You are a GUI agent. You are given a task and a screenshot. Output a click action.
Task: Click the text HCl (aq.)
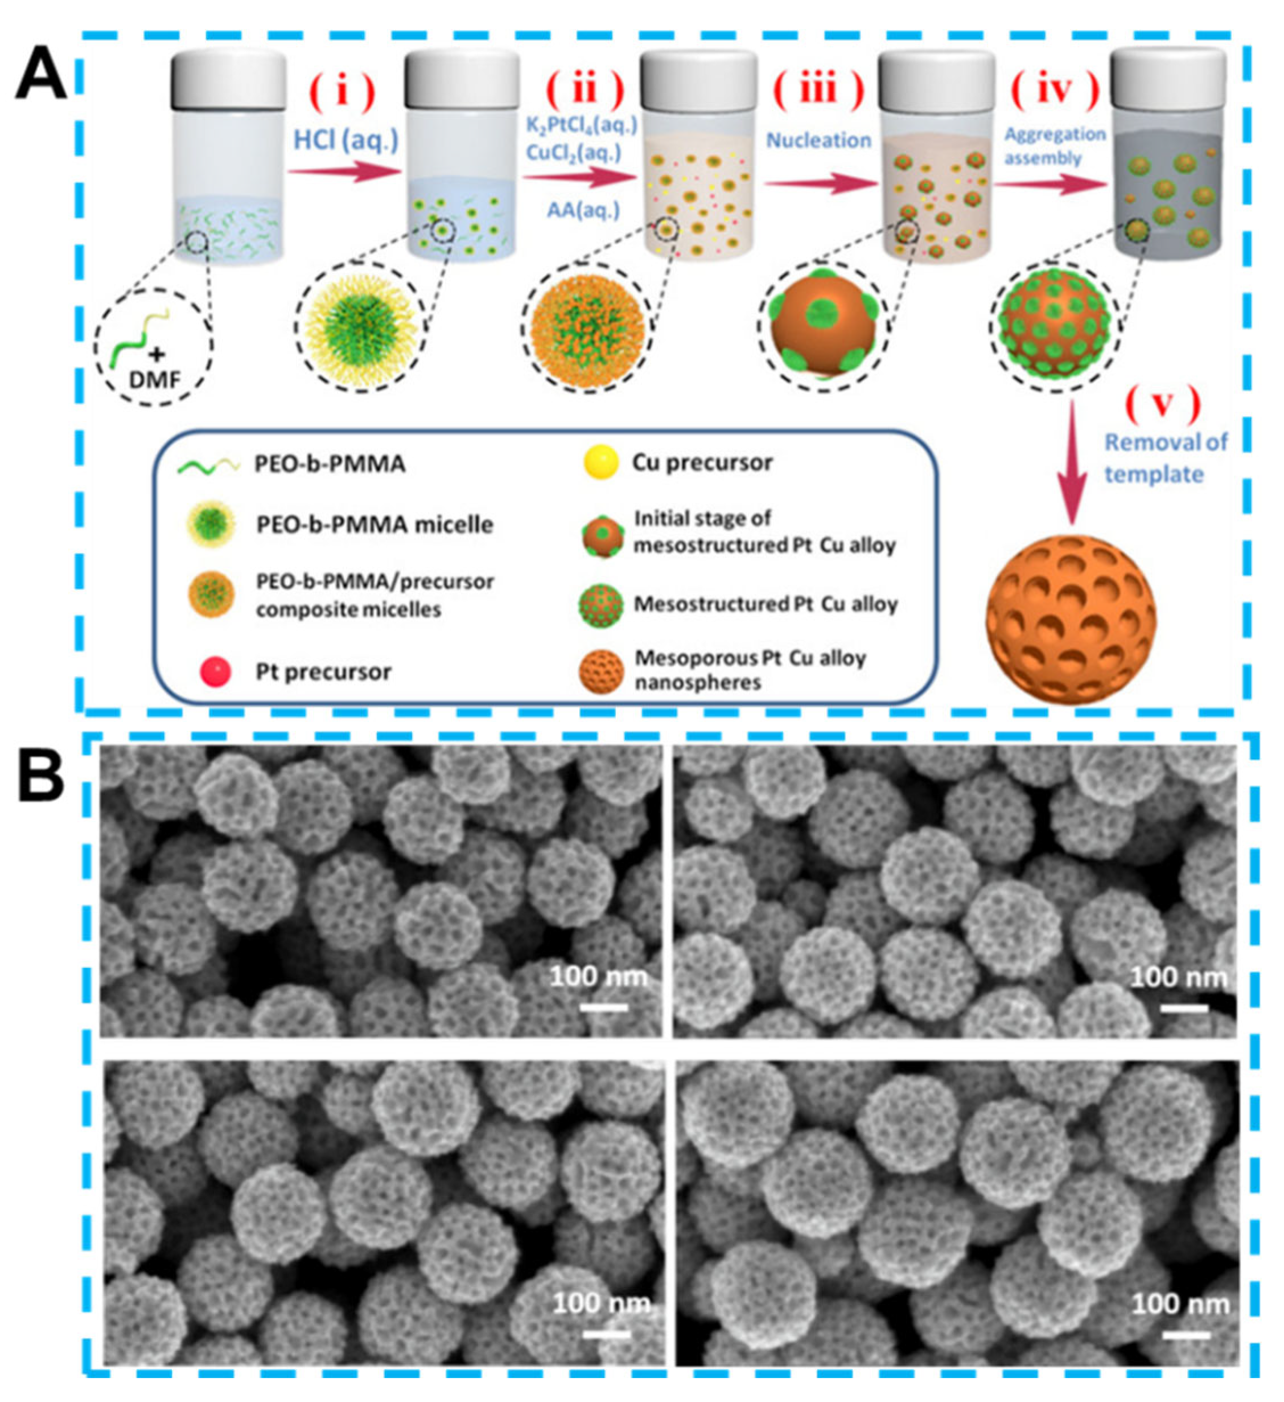point(346,141)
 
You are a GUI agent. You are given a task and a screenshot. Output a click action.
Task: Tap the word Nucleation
point(818,141)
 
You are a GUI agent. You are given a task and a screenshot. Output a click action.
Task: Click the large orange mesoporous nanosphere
point(1071,619)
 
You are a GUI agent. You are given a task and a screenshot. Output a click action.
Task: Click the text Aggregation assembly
point(1055,146)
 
